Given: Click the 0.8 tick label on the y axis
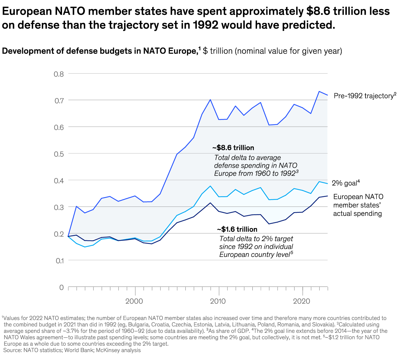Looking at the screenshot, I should (x=59, y=74).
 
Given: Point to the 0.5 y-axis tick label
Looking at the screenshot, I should (x=59, y=153).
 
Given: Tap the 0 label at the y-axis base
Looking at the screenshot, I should (x=61, y=287).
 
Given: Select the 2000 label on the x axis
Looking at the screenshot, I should (x=134, y=301).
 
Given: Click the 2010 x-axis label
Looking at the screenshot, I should (x=218, y=301).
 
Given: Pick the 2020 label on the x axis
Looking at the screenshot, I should (x=302, y=301).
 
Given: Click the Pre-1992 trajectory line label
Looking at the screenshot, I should (x=364, y=96).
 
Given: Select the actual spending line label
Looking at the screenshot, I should (x=358, y=205).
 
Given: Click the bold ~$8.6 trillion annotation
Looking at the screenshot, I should (x=233, y=148).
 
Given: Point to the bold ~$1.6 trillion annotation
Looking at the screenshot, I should (x=237, y=229).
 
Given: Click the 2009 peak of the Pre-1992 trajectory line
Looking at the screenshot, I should (x=210, y=99).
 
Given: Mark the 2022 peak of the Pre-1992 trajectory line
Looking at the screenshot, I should (x=319, y=91).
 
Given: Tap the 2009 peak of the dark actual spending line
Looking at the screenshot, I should (x=210, y=203).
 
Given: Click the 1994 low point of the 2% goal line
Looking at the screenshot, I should (x=85, y=247).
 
